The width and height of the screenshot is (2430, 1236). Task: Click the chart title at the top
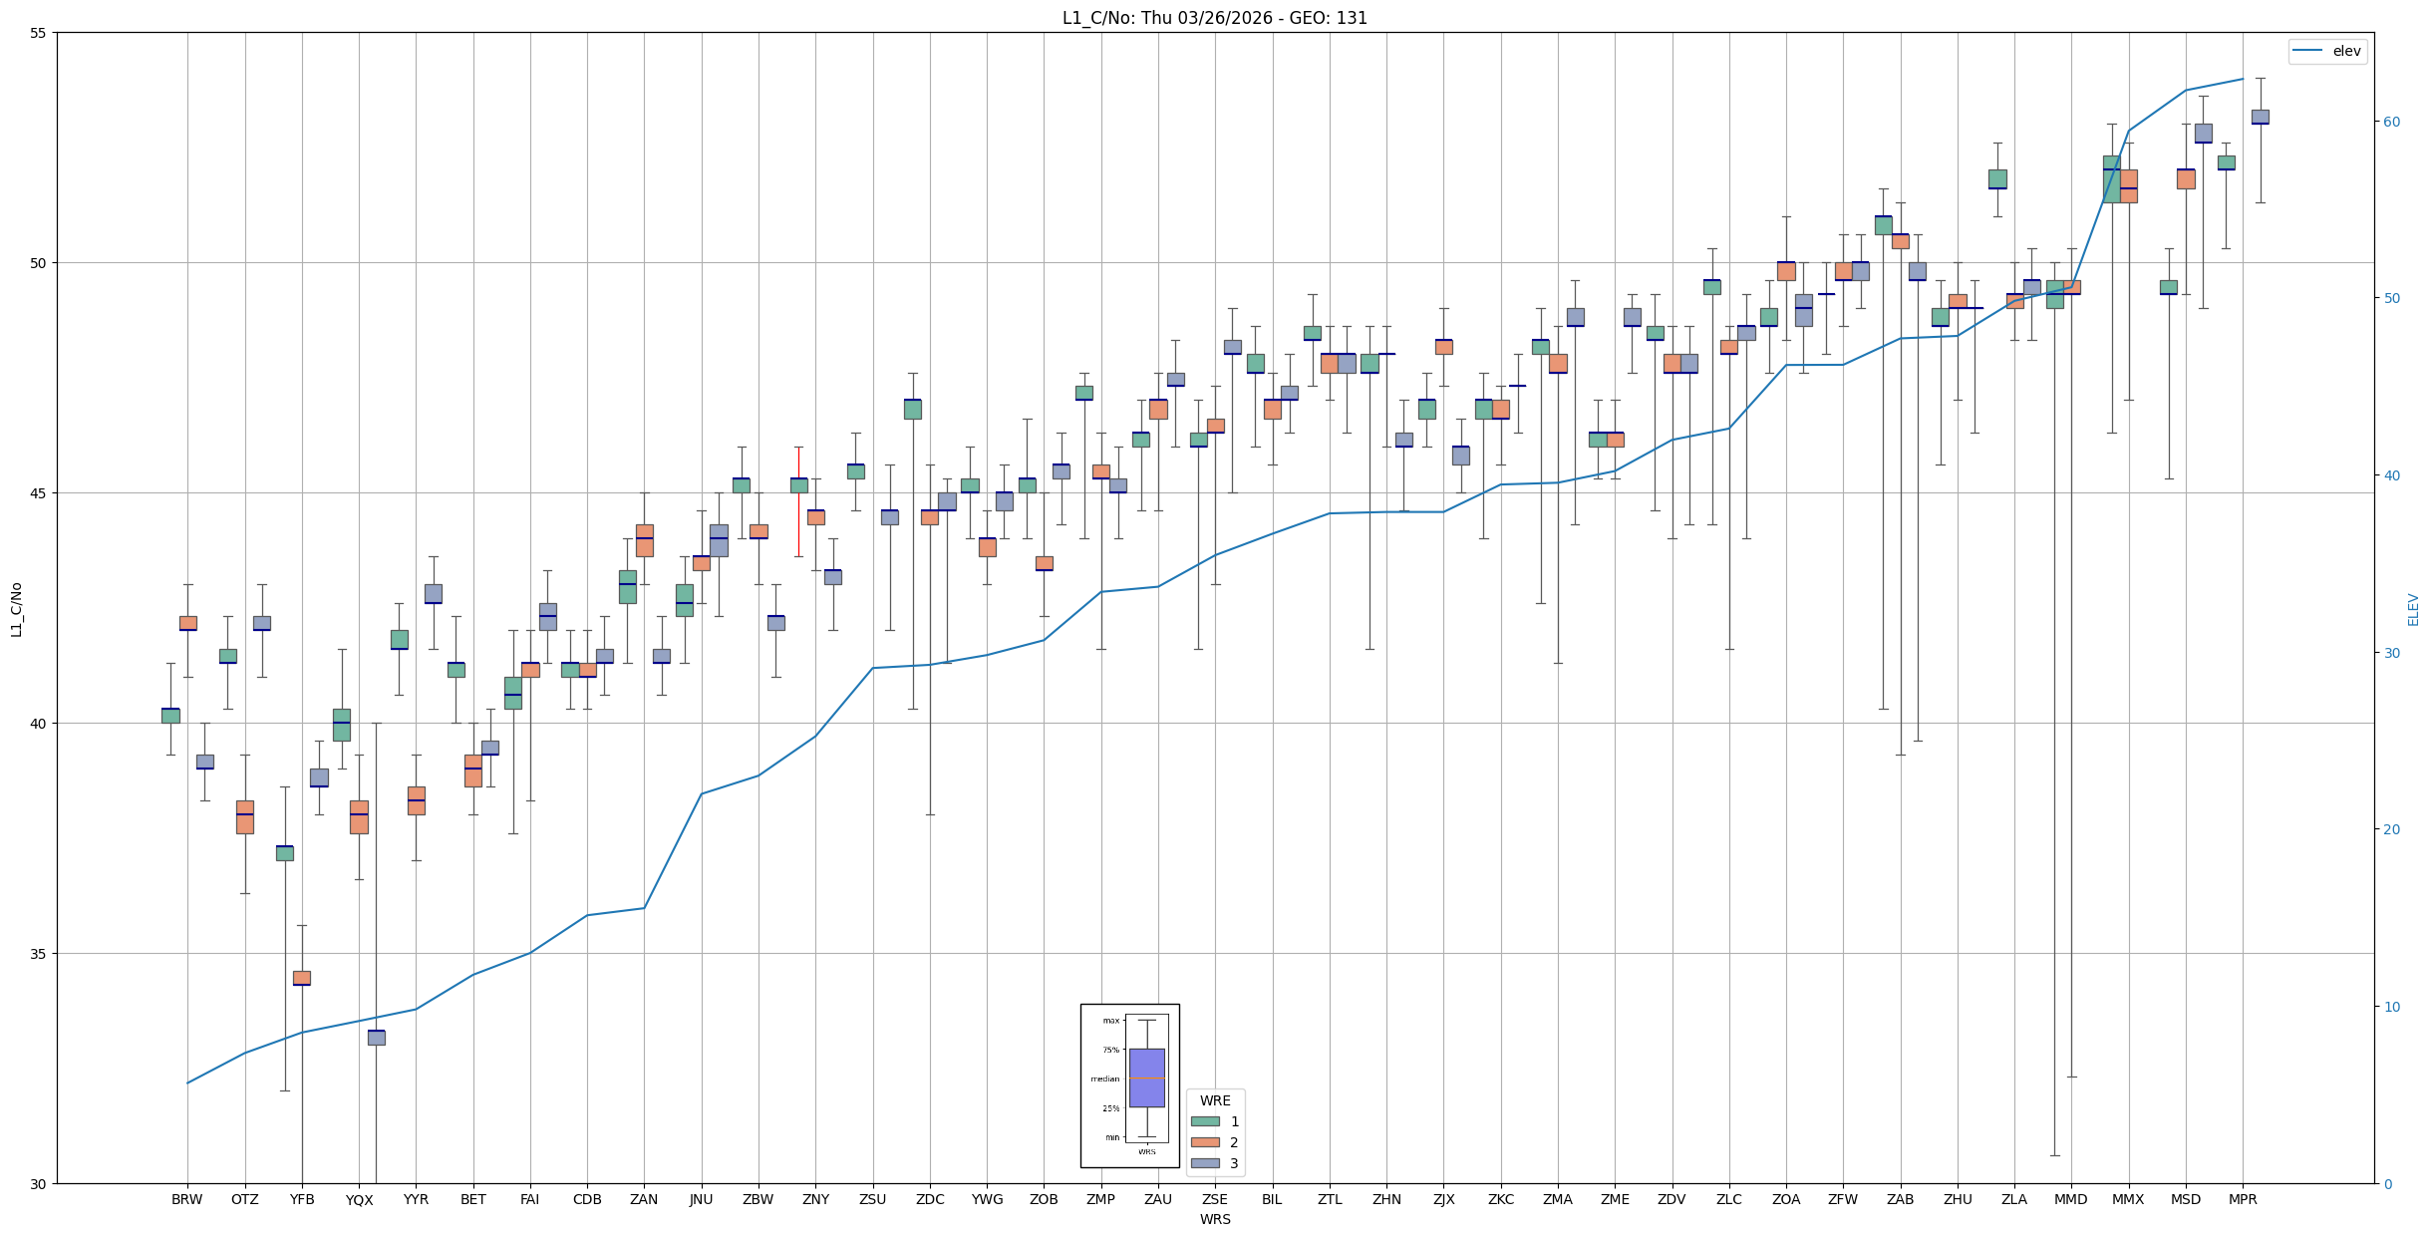point(1214,18)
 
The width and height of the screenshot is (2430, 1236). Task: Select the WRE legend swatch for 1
point(1205,1121)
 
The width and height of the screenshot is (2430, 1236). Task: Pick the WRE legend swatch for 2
point(1205,1142)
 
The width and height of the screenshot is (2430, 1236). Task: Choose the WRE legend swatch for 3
point(1205,1163)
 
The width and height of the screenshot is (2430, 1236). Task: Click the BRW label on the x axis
point(186,1199)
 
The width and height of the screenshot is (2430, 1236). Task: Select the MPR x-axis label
point(2243,1199)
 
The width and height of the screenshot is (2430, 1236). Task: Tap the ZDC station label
point(930,1199)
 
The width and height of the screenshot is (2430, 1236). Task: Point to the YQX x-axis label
point(359,1200)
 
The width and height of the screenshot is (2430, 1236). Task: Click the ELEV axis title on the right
point(2413,609)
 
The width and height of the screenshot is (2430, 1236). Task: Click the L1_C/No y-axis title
point(16,609)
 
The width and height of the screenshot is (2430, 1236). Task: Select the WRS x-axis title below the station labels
point(1215,1219)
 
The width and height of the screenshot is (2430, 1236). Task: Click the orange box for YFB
point(302,978)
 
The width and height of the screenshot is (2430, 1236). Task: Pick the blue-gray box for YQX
point(376,1038)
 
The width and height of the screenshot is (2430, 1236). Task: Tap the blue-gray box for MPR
point(2260,117)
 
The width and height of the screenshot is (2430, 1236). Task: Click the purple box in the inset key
point(1146,1078)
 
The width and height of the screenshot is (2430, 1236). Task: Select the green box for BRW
point(170,716)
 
